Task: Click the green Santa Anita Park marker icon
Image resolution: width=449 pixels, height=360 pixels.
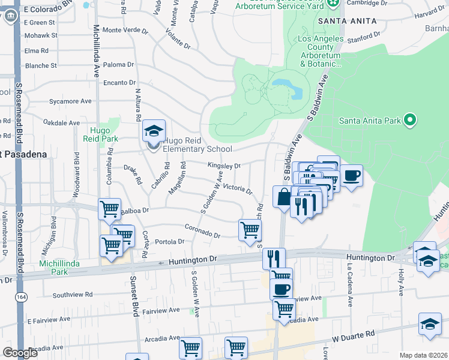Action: click(410, 120)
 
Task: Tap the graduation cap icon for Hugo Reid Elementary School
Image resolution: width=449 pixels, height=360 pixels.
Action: click(154, 131)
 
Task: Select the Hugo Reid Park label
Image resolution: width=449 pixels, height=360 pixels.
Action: click(104, 134)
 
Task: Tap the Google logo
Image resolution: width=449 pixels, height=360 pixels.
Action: click(20, 352)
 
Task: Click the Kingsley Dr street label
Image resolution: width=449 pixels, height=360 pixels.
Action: click(224, 165)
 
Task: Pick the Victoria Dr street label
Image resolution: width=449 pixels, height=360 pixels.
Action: click(237, 188)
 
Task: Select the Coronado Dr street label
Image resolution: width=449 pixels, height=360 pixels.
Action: click(202, 231)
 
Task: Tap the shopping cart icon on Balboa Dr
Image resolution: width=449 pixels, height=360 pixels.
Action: click(109, 209)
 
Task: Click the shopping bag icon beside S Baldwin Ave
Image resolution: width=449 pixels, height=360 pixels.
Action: click(283, 197)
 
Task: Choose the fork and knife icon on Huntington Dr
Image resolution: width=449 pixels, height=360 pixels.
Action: click(273, 259)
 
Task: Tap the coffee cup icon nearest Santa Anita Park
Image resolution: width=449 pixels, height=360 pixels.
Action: click(352, 176)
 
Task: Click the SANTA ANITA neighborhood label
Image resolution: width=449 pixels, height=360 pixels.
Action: click(348, 20)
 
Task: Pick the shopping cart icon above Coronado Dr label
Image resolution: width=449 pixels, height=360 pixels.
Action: click(249, 230)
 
